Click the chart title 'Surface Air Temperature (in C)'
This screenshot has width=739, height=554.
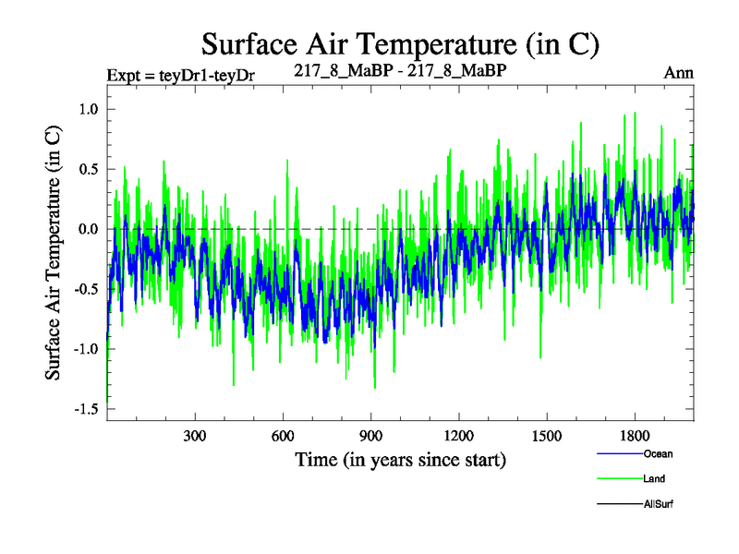point(401,42)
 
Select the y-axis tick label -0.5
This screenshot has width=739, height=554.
point(86,289)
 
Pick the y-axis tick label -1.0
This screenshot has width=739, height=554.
point(86,349)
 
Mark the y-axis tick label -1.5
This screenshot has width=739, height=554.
point(86,409)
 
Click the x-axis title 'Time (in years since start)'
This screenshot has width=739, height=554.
point(401,459)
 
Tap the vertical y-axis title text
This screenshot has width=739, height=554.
point(55,252)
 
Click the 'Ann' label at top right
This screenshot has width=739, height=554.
point(678,72)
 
